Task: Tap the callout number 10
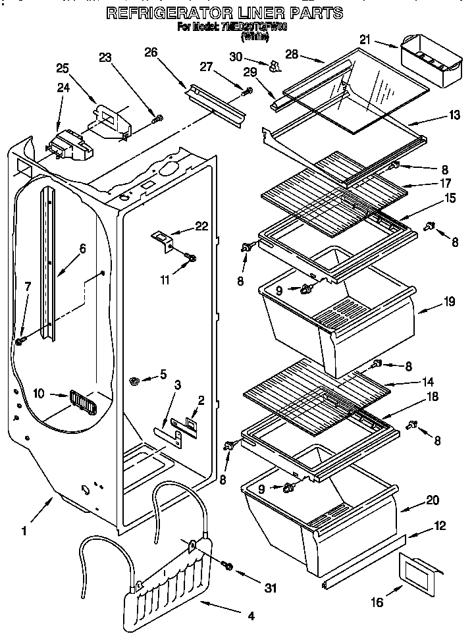(39, 394)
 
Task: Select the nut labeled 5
(134, 379)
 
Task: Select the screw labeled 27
(248, 92)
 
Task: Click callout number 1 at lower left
(24, 529)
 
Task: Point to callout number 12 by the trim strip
(439, 526)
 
